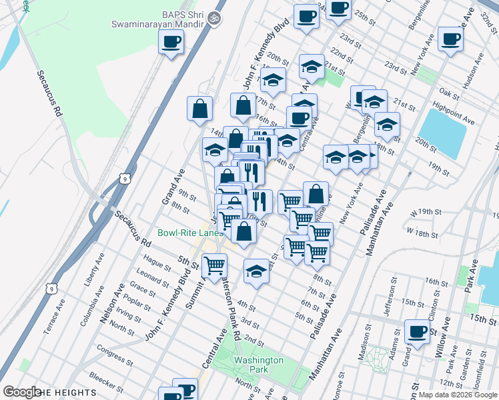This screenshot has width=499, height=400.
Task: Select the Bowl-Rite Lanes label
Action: [190, 233]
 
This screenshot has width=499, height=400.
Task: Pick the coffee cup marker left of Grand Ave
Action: [171, 43]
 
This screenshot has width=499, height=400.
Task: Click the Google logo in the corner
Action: [22, 392]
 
